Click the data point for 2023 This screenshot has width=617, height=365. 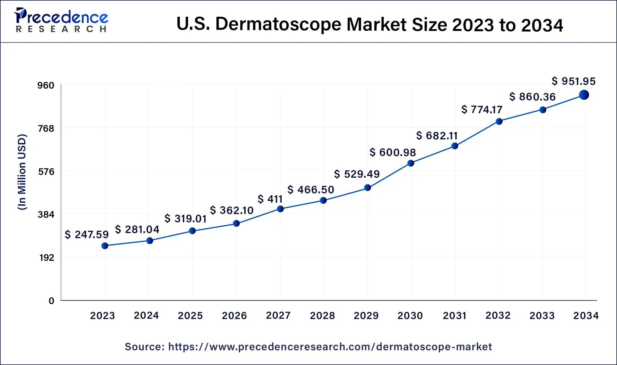[x=105, y=246]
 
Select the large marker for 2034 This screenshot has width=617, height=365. [x=584, y=95]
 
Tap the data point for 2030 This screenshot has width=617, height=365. [x=410, y=163]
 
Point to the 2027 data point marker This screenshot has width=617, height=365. [x=280, y=209]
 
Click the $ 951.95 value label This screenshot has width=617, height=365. [x=573, y=81]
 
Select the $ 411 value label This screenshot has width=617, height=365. [x=270, y=199]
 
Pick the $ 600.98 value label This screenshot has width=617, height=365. [x=393, y=152]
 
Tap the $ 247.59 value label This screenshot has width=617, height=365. [x=86, y=234]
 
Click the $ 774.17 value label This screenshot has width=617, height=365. [x=482, y=110]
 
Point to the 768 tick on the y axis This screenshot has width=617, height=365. [x=46, y=129]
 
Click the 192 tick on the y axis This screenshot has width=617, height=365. [x=47, y=258]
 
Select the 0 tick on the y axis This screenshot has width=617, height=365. [x=51, y=301]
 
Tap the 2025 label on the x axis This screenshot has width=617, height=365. [x=190, y=316]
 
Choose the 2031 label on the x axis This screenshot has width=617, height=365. [x=455, y=316]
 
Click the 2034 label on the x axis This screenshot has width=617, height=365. [x=586, y=316]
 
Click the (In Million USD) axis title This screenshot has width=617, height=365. [x=22, y=172]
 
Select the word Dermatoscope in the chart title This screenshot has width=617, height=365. [x=278, y=24]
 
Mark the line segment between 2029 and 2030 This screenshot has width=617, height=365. [x=389, y=175]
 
